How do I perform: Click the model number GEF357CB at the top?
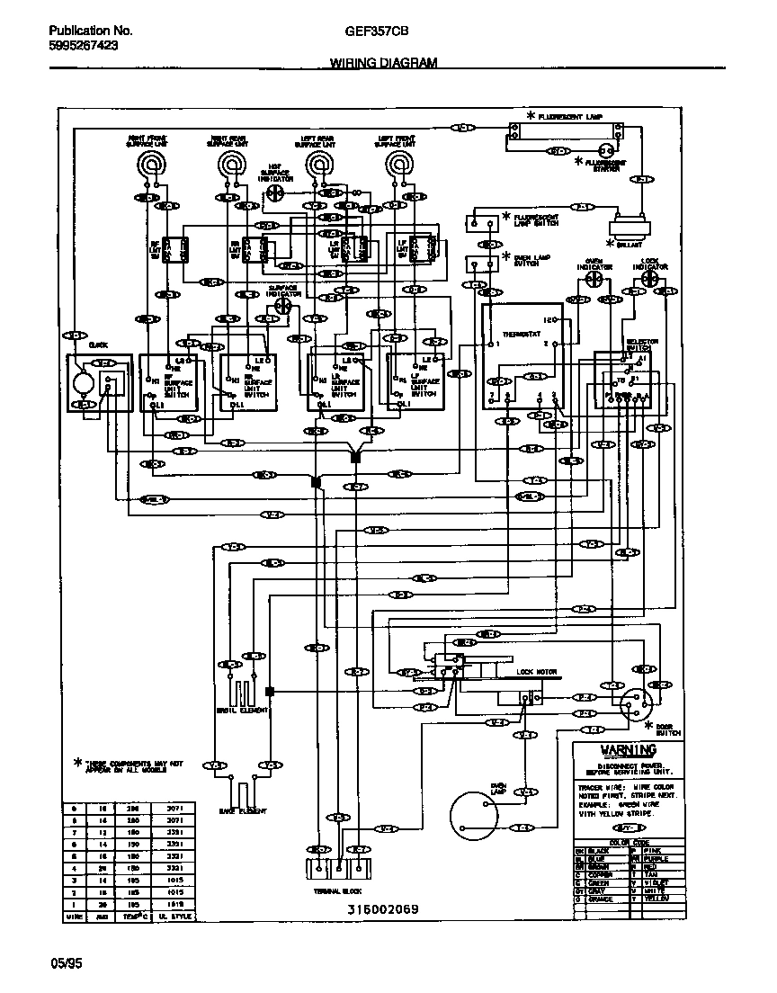pos(376,31)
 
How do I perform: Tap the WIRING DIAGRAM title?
pos(383,63)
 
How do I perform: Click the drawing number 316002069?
pos(383,908)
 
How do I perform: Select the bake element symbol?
pos(242,792)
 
